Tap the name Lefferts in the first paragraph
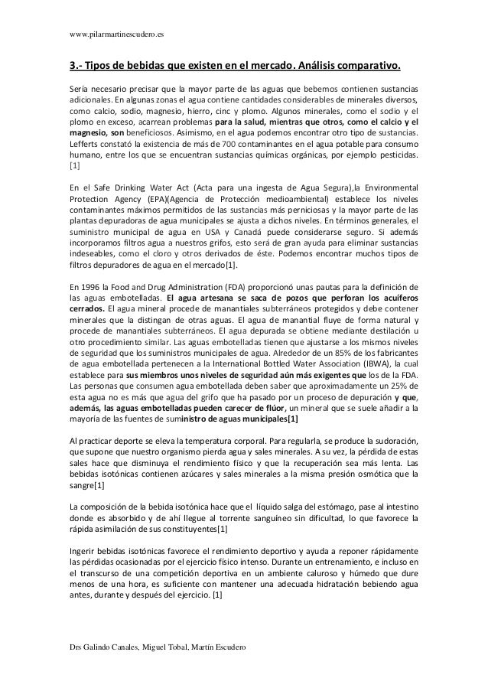click(x=86, y=143)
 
